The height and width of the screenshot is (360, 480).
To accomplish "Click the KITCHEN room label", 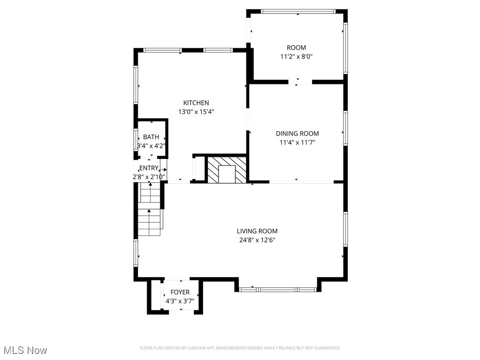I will (196, 103).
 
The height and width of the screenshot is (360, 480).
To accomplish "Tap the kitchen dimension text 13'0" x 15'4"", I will (196, 112).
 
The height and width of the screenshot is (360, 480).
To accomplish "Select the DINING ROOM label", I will (297, 134).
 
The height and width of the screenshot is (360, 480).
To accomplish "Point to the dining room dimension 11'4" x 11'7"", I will (297, 142).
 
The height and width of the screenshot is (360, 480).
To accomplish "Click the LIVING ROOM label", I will (257, 231).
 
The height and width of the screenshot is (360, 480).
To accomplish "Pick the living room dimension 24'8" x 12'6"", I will (257, 240).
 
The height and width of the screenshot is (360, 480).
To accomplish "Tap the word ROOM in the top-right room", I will (296, 47).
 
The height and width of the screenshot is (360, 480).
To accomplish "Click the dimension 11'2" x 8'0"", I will (296, 56).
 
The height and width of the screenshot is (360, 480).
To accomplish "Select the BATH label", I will (151, 137).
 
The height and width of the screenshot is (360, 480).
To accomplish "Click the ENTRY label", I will (149, 168).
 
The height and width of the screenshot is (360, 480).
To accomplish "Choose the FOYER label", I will (180, 292).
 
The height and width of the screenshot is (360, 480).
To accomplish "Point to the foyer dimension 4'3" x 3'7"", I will (180, 301).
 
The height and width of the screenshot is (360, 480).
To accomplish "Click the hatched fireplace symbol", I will (227, 170).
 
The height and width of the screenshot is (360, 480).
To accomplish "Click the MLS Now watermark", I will (25, 350).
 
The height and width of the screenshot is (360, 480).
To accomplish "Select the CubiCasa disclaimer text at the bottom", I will (240, 348).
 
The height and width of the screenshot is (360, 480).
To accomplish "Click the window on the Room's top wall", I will (298, 11).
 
